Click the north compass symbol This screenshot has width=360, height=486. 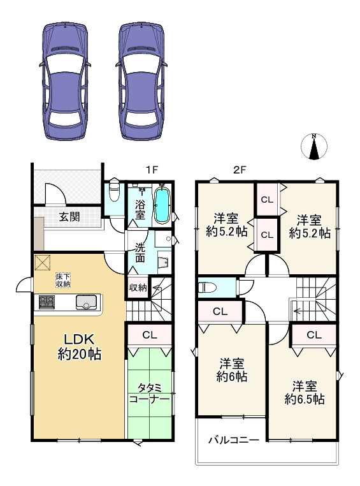314,146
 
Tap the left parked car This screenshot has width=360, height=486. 65,81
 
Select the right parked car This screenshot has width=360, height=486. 141,81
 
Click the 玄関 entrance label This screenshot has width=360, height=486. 69,217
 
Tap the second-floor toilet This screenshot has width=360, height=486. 208,287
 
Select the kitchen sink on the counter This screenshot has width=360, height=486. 87,302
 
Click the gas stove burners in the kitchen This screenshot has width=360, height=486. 47,302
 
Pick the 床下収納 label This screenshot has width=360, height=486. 63,280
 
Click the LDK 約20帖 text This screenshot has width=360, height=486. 79,347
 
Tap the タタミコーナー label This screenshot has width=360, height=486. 149,393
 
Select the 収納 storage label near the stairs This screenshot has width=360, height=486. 138,288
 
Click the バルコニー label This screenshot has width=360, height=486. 234,440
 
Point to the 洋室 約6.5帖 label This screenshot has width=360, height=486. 305,393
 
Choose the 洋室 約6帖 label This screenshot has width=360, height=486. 231,370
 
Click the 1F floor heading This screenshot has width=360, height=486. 152,170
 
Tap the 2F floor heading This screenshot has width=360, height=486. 240,170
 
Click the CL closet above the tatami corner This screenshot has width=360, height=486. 150,335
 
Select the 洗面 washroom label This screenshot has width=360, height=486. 140,254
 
